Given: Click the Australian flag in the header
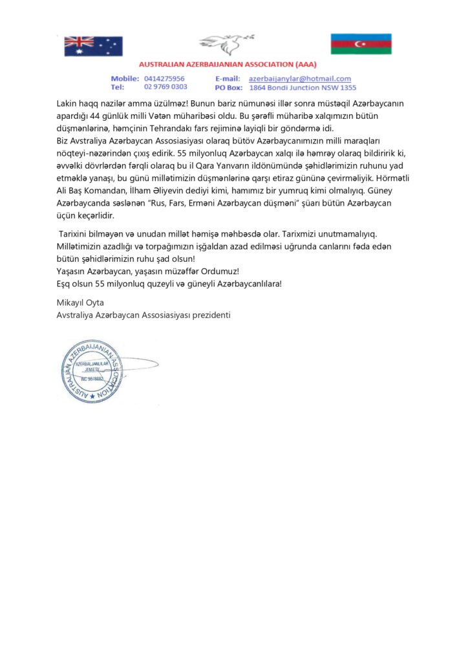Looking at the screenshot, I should pos(93,46).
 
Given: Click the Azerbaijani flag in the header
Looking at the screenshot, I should pos(361,44).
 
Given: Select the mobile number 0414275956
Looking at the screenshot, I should pos(164,78).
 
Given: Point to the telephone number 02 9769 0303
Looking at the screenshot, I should pos(166,87).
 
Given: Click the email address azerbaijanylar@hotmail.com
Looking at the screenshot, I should pos(300,78).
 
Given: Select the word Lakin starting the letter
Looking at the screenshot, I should pos(68,103).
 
